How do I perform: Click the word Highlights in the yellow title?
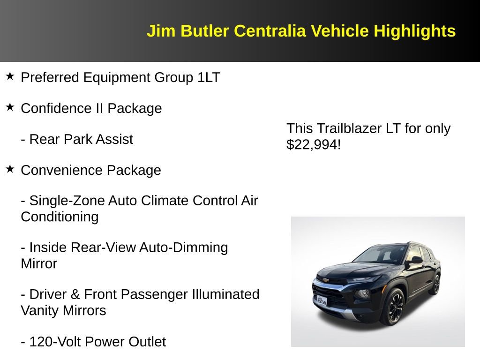414,31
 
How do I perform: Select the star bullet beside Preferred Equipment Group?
10,76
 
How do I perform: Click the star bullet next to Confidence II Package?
10,107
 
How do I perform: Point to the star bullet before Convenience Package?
10,169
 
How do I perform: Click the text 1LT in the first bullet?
209,77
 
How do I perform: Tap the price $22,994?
313,145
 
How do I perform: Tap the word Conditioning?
60,217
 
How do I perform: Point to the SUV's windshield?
380,255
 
